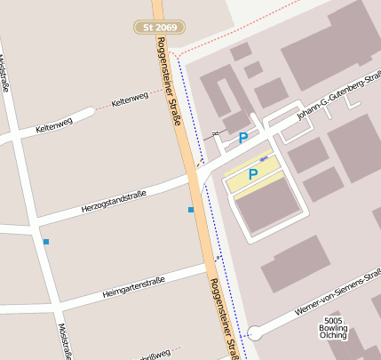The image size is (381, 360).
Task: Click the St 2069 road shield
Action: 160,28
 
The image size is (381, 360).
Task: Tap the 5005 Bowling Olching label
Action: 334,328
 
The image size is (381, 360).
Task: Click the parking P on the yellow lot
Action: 253,175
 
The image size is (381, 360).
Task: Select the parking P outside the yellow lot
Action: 243,138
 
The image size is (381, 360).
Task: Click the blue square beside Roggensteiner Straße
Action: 190,210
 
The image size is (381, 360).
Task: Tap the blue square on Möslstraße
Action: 45,242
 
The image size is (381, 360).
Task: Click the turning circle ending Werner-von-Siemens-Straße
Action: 255,333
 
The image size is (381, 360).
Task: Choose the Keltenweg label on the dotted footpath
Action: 131,99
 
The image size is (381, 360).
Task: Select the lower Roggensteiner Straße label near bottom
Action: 224,316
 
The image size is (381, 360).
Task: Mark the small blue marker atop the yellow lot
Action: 263,158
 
